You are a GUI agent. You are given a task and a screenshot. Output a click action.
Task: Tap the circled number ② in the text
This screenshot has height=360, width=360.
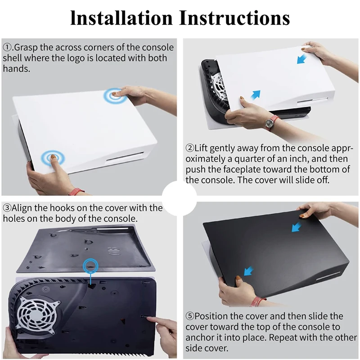[190, 148]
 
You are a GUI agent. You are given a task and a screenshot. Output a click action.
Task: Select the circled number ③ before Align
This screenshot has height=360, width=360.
[7, 208]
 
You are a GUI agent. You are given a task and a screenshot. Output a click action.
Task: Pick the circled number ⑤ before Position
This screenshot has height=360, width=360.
[190, 316]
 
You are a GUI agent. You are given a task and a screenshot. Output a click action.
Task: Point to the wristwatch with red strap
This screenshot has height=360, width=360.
[272, 121]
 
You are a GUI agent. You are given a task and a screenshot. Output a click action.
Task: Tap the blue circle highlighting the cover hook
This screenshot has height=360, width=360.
[92, 264]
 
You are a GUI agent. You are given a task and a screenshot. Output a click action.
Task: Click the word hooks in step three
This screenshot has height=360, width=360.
[61, 208]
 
